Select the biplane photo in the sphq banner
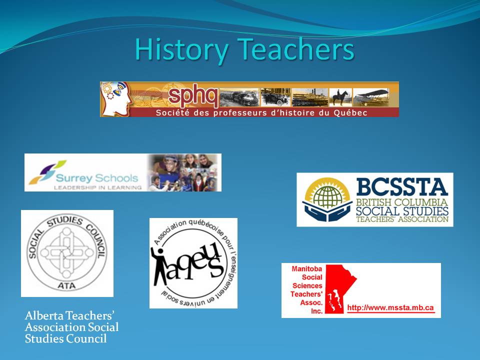coord(371,97)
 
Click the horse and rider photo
coord(340,97)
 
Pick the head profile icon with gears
coord(115,99)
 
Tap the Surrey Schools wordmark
coord(97,178)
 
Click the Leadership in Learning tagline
coord(97,187)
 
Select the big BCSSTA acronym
coord(402,187)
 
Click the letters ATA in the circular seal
coord(66,285)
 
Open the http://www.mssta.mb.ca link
coord(390,308)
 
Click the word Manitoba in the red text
coord(306,269)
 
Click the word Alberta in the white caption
coord(44,315)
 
